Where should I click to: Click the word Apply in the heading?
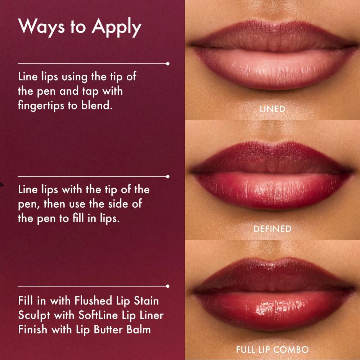click(x=116, y=27)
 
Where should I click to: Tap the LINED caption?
click(x=272, y=109)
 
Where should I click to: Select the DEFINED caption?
click(x=272, y=229)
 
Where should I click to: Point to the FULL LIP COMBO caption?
click(x=272, y=350)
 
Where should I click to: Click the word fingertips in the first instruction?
click(x=41, y=105)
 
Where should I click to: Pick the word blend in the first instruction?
click(x=97, y=105)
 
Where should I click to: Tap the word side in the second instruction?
click(x=118, y=203)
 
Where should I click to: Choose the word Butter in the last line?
click(x=108, y=329)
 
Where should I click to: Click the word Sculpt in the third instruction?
click(x=34, y=316)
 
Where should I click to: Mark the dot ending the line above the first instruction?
click(x=168, y=64)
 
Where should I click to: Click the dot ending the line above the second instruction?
click(x=168, y=176)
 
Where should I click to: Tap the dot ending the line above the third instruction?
click(x=168, y=286)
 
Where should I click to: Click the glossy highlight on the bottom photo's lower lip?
click(x=280, y=307)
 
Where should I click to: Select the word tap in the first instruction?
click(x=90, y=92)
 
